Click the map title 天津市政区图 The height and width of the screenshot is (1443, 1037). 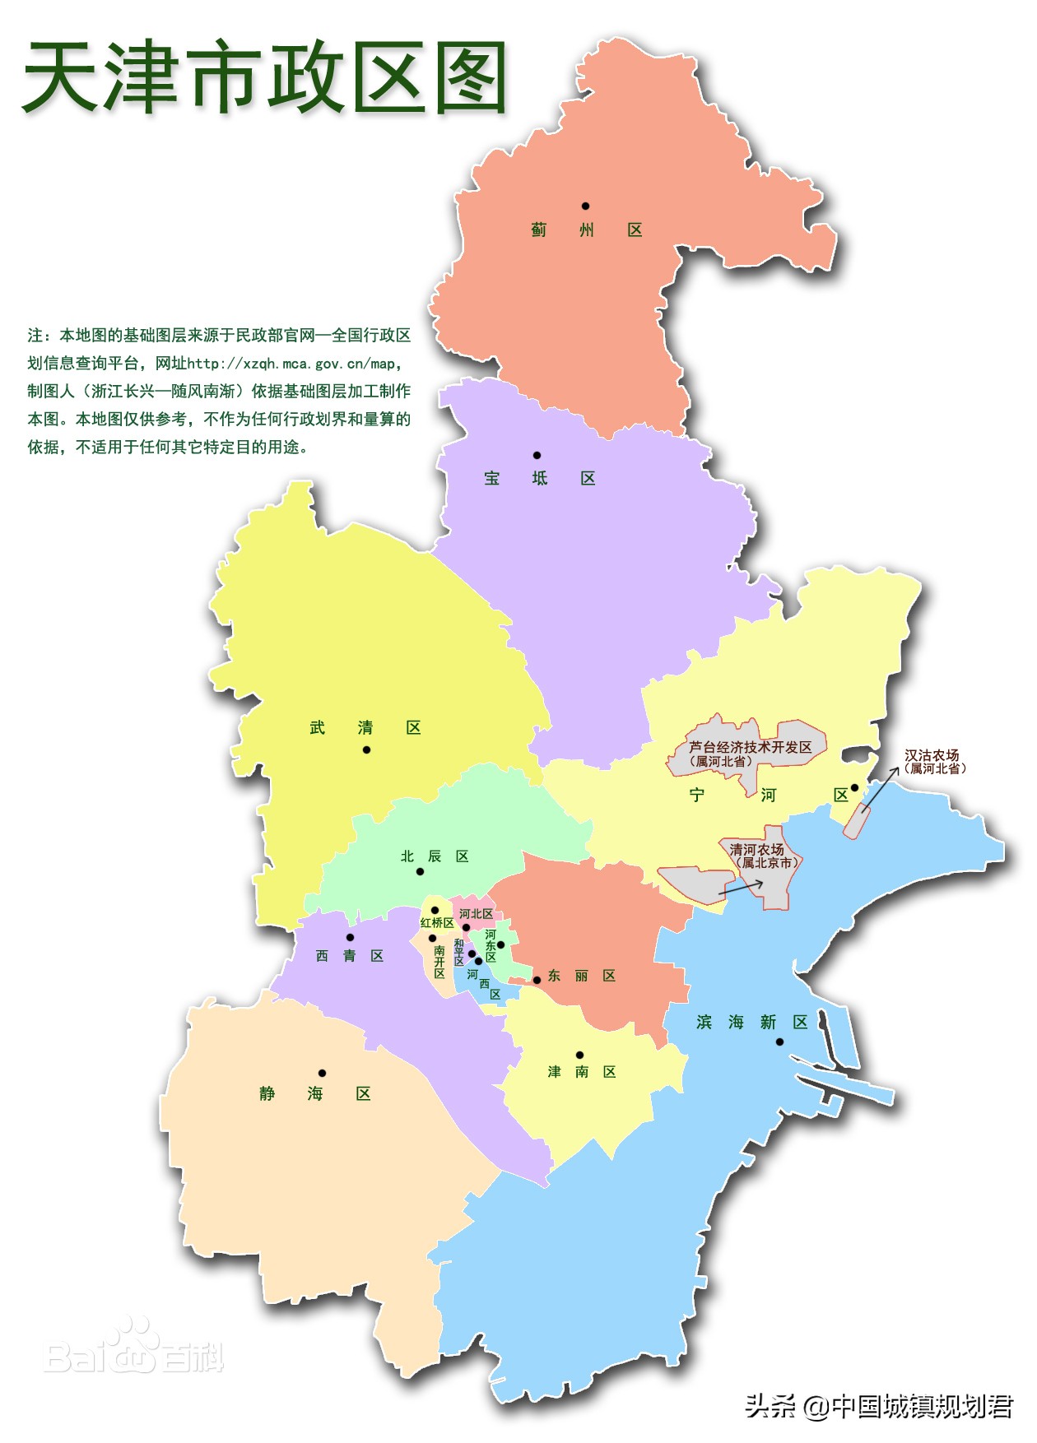click(265, 78)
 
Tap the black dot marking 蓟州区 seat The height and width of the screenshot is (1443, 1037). click(585, 206)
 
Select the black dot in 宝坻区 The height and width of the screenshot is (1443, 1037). click(537, 455)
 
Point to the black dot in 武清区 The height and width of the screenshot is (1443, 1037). click(366, 749)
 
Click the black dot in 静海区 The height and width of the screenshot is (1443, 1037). click(322, 1073)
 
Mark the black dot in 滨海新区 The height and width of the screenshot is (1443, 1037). click(779, 1042)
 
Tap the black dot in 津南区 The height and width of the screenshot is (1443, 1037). click(579, 1055)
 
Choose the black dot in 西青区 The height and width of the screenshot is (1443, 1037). click(350, 937)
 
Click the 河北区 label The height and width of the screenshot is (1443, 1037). click(476, 914)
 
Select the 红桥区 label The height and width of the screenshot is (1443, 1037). click(437, 923)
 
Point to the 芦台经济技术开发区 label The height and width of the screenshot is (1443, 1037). click(750, 747)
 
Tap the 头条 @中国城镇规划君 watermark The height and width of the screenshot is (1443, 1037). click(879, 1406)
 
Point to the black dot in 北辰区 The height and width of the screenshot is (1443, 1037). click(420, 871)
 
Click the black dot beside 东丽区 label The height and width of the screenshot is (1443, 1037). click(537, 980)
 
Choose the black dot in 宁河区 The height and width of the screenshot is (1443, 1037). click(854, 787)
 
